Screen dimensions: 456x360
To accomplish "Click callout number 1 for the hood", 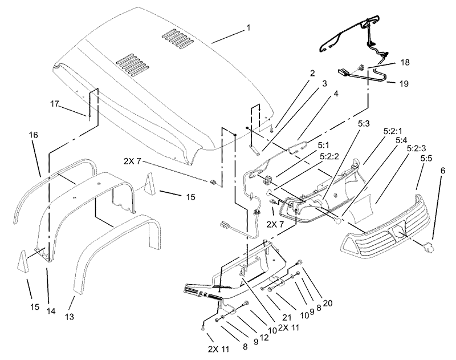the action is pyautogui.click(x=249, y=28).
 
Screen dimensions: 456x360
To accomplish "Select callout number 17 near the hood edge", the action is pyautogui.click(x=55, y=104).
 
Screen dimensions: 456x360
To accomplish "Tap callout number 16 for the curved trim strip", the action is pyautogui.click(x=34, y=135).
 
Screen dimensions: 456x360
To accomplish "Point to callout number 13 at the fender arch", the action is pyautogui.click(x=70, y=316).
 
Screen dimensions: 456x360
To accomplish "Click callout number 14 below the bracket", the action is pyautogui.click(x=51, y=311).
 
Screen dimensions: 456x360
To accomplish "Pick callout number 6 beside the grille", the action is pyautogui.click(x=443, y=171).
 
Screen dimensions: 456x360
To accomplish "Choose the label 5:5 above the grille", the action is pyautogui.click(x=426, y=159).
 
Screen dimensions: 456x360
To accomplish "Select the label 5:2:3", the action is pyautogui.click(x=417, y=148).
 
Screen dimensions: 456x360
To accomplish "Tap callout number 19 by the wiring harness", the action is pyautogui.click(x=404, y=84).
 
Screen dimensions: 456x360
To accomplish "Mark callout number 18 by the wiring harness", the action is pyautogui.click(x=405, y=63).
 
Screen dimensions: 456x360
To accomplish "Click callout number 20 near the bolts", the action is pyautogui.click(x=327, y=304).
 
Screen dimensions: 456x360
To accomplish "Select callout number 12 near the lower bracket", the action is pyautogui.click(x=264, y=338).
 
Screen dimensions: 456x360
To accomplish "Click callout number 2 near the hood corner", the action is pyautogui.click(x=312, y=73).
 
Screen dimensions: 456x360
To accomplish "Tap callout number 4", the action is pyautogui.click(x=336, y=94).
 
